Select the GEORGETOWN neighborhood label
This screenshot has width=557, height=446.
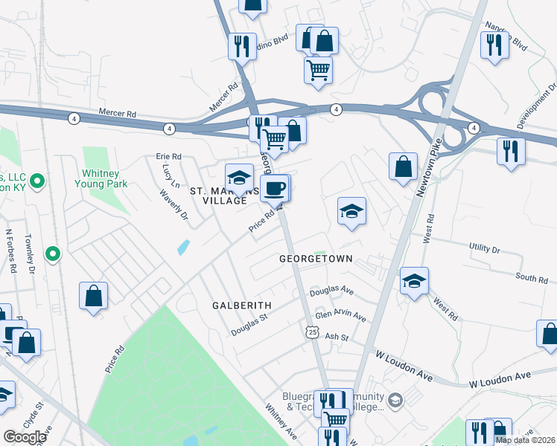315,259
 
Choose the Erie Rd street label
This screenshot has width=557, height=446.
169,157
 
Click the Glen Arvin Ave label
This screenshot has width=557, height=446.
340,317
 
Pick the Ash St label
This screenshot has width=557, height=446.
337,337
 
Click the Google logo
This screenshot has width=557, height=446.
25,437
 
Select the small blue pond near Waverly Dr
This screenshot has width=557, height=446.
183,247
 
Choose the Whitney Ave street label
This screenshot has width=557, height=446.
281,421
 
